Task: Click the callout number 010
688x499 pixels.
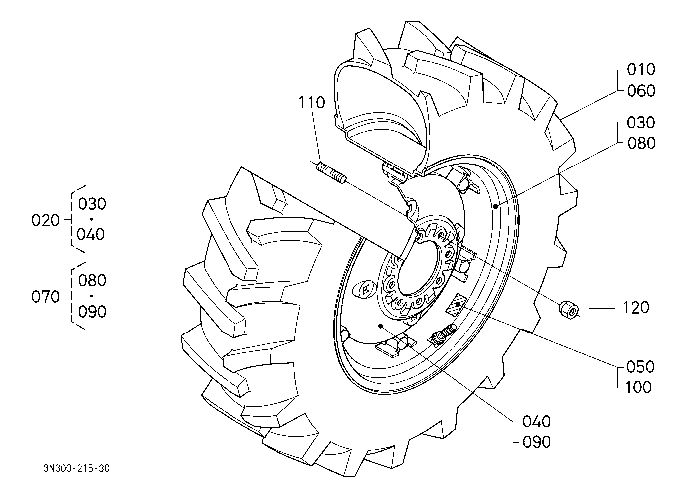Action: pyautogui.click(x=641, y=70)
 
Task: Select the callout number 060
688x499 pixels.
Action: pyautogui.click(x=641, y=91)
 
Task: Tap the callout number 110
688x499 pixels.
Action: pyautogui.click(x=312, y=102)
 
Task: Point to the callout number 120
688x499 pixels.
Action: pyautogui.click(x=636, y=307)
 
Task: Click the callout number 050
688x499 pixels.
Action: pyautogui.click(x=641, y=367)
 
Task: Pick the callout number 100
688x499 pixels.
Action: pyautogui.click(x=638, y=387)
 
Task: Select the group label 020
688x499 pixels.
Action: pyautogui.click(x=46, y=220)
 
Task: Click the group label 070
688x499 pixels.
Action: pyautogui.click(x=46, y=297)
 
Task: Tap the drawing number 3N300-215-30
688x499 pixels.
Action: pyautogui.click(x=76, y=468)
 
